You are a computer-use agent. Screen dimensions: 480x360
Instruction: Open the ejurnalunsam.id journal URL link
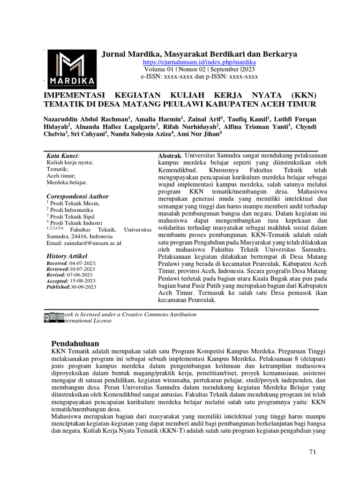coord(199,62)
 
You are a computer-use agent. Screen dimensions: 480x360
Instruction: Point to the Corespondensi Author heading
coord(77,196)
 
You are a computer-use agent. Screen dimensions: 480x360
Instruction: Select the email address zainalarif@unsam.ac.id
coord(94,243)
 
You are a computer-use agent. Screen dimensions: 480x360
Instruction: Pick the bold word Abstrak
coord(169,155)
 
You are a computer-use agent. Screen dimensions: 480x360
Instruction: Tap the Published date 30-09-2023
coord(83,286)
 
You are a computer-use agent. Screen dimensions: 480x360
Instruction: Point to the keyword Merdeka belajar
coord(67,182)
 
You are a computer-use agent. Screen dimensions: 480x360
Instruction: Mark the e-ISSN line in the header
coord(199,76)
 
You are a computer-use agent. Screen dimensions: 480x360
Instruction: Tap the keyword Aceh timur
coord(60,175)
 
